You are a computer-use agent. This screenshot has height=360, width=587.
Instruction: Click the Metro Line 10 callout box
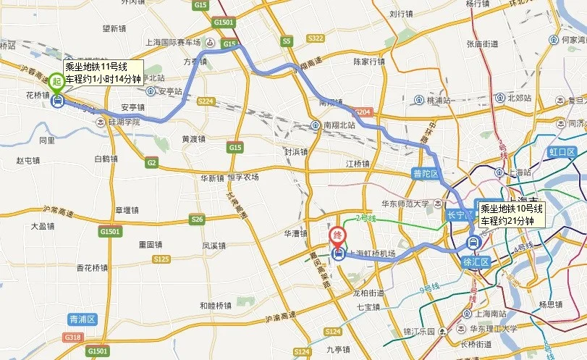pos(512,214)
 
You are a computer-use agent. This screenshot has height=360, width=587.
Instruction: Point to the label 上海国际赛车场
pos(177,43)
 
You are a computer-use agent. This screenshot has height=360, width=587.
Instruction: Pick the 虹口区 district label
pos(561,152)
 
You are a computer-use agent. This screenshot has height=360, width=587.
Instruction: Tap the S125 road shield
pos(161,259)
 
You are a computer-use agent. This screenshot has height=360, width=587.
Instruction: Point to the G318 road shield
pos(73,338)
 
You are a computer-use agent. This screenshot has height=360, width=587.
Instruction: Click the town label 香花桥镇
pos(93,267)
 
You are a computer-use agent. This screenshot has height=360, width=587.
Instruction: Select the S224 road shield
pos(206,101)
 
